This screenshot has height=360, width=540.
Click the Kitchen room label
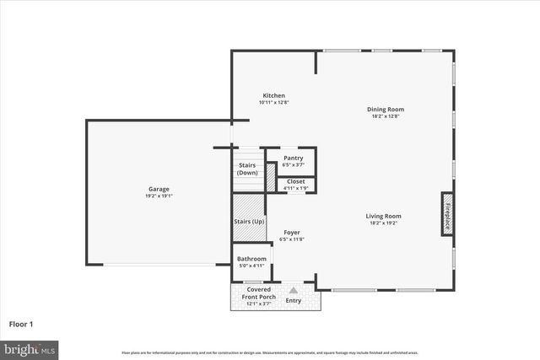[x=274, y=96]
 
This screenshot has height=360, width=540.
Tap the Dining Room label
[x=385, y=109]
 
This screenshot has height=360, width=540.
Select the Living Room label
[x=383, y=216]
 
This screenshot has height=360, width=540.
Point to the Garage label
[x=159, y=190]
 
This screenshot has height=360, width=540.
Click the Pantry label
[x=293, y=158]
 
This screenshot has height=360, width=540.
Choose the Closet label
[x=295, y=181]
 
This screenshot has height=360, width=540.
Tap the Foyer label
[x=292, y=233]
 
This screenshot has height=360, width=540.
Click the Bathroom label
[x=251, y=259]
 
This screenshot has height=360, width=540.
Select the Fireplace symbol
[x=447, y=214]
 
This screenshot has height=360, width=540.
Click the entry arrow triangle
[x=294, y=289]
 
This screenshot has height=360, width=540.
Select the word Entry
[x=294, y=300]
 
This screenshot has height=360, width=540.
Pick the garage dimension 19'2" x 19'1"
[x=159, y=196]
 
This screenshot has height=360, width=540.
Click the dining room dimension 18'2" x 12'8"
[x=385, y=116]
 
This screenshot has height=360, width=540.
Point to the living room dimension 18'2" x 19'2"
[x=383, y=223]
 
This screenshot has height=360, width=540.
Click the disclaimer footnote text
[x=270, y=352]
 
